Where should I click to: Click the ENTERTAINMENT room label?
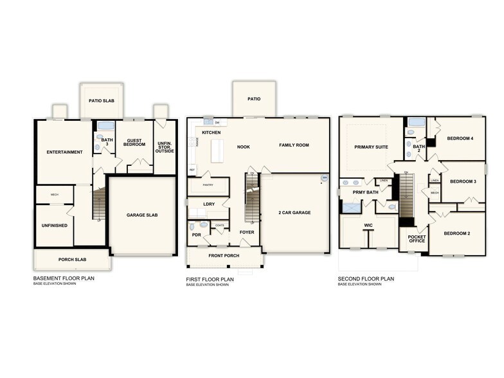(x=64, y=152)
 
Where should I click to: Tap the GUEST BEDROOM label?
(x=134, y=143)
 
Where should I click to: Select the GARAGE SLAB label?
(x=143, y=215)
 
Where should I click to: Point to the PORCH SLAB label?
(x=71, y=260)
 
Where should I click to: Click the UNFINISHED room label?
(x=54, y=226)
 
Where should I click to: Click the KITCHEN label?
(x=212, y=132)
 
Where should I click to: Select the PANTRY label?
(x=208, y=185)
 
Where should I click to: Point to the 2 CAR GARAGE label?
(x=294, y=212)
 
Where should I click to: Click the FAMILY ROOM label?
(x=294, y=145)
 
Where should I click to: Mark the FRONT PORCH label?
(x=224, y=256)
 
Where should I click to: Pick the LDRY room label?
(x=209, y=204)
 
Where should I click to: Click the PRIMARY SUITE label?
(x=372, y=147)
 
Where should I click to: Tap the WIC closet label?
(x=368, y=226)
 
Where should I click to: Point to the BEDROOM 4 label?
(x=460, y=138)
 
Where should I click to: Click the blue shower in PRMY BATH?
(x=352, y=207)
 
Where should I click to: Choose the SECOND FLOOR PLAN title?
(x=366, y=279)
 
